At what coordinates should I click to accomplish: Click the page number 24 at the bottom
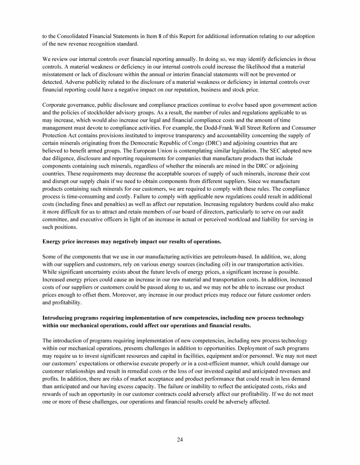(x=180, y=439)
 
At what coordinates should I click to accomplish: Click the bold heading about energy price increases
(x=132, y=241)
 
